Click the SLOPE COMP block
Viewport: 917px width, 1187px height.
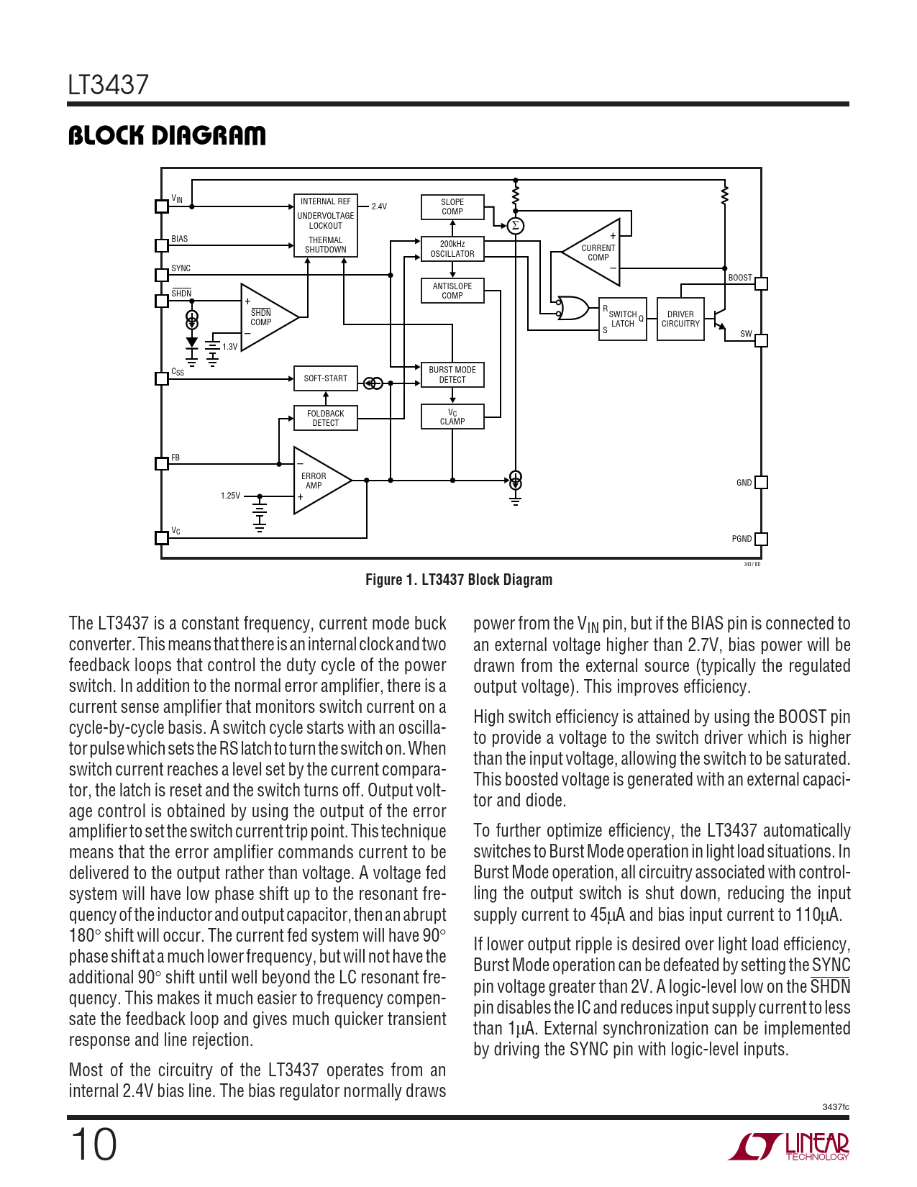pos(452,207)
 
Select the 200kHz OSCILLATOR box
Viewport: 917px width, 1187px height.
pos(452,249)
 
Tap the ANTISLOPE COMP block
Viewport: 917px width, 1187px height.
pos(452,291)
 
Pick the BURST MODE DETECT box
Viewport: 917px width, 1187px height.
pos(452,375)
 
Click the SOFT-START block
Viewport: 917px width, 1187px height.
pos(326,378)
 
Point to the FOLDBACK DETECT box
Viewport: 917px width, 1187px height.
pos(326,418)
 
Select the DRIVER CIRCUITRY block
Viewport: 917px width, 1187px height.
pos(680,319)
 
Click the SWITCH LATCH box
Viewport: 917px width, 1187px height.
pos(623,319)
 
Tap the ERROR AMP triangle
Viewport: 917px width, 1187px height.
pos(316,481)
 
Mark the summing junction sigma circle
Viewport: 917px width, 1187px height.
pos(515,226)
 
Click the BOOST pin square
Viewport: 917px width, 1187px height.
pos(761,283)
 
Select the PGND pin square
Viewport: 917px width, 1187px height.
pos(761,539)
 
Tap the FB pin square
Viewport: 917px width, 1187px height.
pos(162,463)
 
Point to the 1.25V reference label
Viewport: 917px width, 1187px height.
pos(230,496)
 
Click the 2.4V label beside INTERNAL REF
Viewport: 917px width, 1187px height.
pos(379,206)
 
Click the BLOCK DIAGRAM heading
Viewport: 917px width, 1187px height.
pos(167,135)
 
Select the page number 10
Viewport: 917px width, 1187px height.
pos(93,1145)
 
